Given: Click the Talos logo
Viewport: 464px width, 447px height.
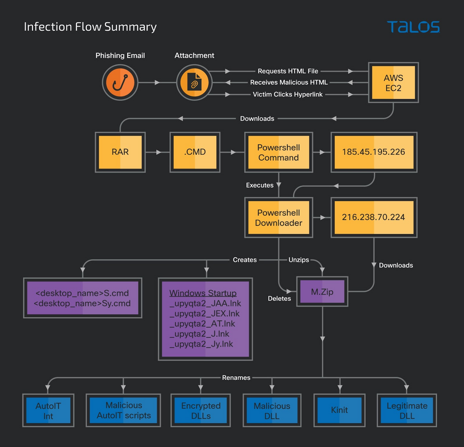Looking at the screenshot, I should tap(413, 27).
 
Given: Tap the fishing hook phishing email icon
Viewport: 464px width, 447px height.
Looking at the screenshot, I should tap(120, 83).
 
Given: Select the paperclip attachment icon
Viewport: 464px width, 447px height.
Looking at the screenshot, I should tap(194, 83).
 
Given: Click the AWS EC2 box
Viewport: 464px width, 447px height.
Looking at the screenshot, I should tap(393, 83).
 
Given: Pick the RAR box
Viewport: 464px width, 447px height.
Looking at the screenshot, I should tap(120, 152).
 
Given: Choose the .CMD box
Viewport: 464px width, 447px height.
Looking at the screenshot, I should tap(194, 152).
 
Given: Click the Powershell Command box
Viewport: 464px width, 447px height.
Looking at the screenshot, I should tap(278, 152).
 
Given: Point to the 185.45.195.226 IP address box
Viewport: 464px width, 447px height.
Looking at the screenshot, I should tap(374, 152).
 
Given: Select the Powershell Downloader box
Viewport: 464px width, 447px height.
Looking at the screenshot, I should tap(278, 217).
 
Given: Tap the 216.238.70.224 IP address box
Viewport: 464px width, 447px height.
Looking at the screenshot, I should tap(374, 217).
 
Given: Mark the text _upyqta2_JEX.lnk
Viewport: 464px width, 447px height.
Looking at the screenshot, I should tap(205, 314).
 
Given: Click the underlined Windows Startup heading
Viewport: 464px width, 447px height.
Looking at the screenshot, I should tap(203, 293).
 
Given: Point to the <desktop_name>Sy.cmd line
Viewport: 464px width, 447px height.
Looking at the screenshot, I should tap(83, 303).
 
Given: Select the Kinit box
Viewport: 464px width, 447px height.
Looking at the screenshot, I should tap(340, 410).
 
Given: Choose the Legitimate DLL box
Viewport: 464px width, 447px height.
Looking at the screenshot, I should tap(407, 410).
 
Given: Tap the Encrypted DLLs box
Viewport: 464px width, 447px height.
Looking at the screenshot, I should tap(201, 410).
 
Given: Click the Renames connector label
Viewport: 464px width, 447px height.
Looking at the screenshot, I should tap(236, 378).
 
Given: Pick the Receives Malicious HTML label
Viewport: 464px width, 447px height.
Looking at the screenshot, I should tap(289, 82).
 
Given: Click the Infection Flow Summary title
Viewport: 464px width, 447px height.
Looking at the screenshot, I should tap(90, 27).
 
